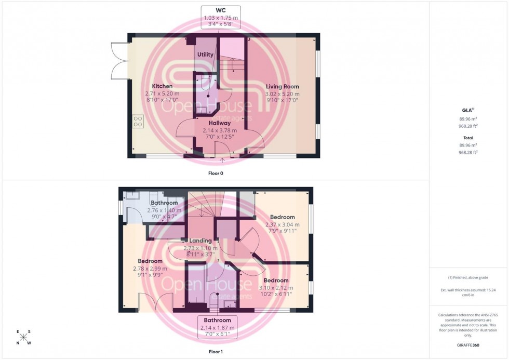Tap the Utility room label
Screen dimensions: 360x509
[x=205, y=55]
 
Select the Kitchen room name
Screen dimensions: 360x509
[x=162, y=86]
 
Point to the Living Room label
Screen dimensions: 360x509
[x=282, y=87]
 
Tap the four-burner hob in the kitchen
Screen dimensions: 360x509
[x=138, y=122]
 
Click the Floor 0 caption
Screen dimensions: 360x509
[x=215, y=173]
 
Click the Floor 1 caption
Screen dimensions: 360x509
[x=215, y=352]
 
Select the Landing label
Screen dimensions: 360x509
[x=200, y=241]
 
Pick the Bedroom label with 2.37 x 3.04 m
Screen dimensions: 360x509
[x=282, y=217]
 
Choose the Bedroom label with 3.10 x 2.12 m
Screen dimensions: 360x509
[x=275, y=281]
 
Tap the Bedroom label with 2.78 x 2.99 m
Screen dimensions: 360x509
[x=150, y=261]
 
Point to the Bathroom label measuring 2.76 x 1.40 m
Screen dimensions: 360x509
[x=164, y=203]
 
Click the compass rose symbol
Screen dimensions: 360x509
[x=23, y=337]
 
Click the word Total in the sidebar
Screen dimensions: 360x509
[x=468, y=138]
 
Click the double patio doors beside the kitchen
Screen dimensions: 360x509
[x=119, y=61]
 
